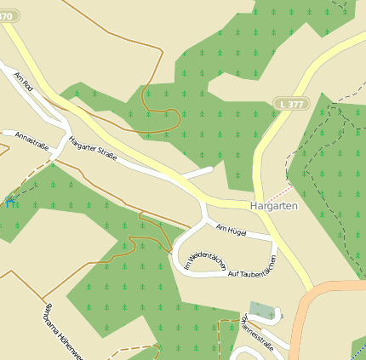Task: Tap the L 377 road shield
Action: (291, 104)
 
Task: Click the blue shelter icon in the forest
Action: (9, 201)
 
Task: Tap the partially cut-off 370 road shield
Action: (6, 15)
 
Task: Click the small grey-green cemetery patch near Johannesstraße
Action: (263, 311)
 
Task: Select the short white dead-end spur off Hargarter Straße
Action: (198, 173)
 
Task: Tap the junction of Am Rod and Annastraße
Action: (60, 136)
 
